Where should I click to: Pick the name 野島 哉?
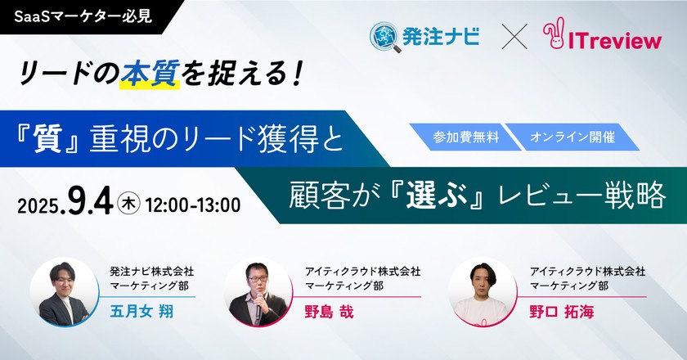(329, 312)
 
